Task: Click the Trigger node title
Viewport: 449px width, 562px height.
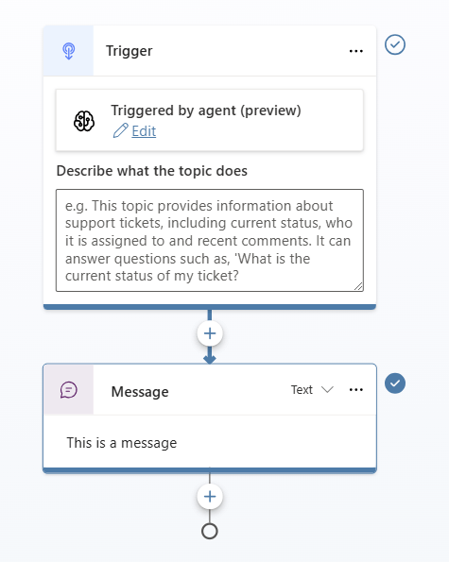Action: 130,51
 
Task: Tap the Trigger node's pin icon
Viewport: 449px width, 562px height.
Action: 68,51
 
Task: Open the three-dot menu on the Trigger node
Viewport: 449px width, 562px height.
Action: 356,51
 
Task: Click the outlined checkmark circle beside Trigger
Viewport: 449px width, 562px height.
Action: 395,44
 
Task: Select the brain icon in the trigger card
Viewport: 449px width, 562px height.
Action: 84,121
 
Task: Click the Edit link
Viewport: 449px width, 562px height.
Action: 144,131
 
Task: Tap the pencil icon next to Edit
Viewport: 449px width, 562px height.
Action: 120,130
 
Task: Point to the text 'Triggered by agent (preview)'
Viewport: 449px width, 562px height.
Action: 206,111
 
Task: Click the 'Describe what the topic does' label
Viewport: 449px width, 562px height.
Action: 152,171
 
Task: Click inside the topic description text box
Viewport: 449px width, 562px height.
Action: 210,240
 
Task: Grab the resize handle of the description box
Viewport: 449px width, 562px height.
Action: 358,286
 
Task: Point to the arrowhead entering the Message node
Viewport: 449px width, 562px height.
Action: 210,360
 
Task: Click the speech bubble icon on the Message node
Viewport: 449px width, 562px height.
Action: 68,390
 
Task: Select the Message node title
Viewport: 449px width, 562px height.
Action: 140,392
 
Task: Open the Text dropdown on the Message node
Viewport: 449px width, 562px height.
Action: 312,389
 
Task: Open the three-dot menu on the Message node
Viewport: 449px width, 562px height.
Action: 356,389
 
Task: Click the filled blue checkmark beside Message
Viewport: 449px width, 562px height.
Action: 395,383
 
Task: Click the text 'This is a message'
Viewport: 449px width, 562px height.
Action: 122,443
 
